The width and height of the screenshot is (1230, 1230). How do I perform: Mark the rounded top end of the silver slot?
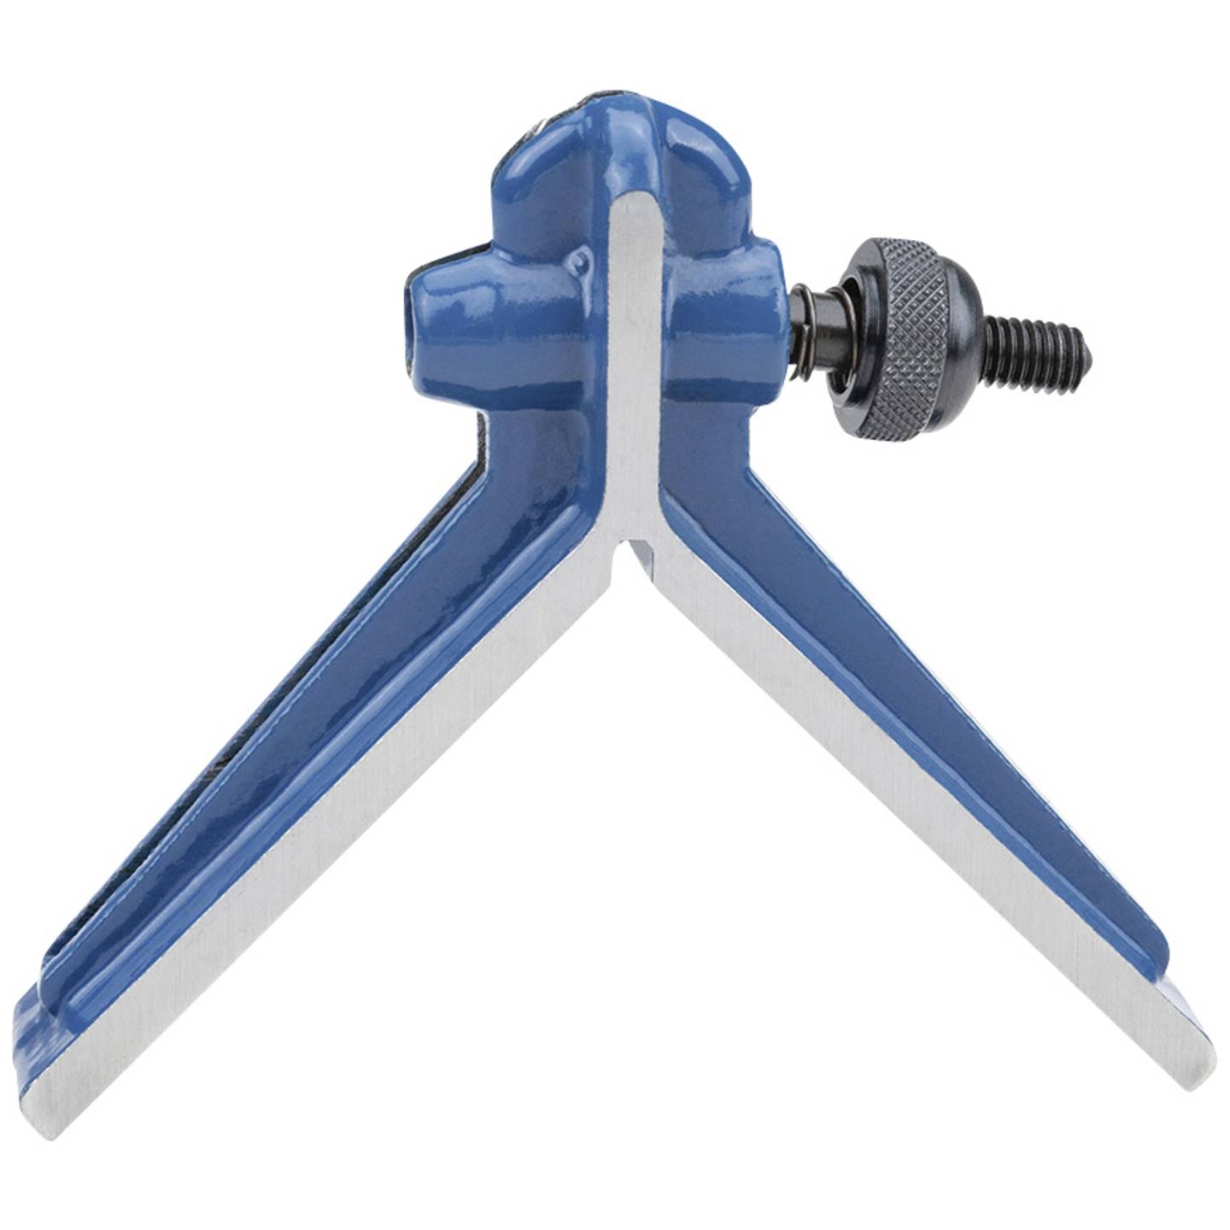(633, 205)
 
